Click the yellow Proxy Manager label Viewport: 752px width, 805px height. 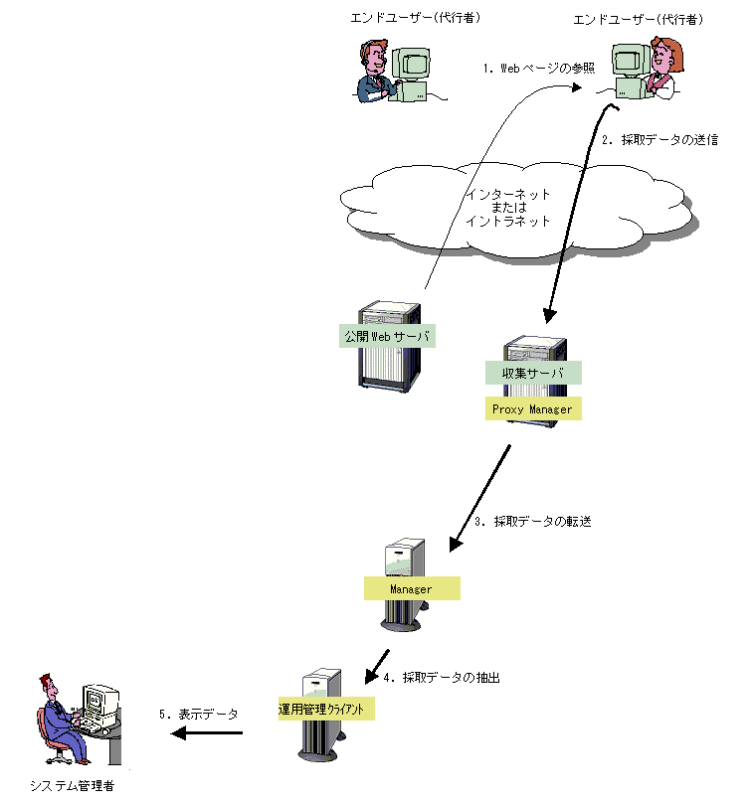[x=533, y=408]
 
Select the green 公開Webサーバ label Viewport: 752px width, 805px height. [x=387, y=336]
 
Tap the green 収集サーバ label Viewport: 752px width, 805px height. [x=533, y=373]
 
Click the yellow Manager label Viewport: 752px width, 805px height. [x=412, y=588]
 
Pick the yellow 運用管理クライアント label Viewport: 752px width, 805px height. [x=326, y=709]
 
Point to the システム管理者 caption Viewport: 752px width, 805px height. [x=72, y=785]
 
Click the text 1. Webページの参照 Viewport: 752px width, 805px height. [x=539, y=68]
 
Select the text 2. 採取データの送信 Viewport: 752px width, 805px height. [x=660, y=140]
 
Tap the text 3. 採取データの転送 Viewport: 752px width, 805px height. [x=533, y=522]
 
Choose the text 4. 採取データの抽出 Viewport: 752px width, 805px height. [x=442, y=678]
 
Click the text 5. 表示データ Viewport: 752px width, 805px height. [x=198, y=715]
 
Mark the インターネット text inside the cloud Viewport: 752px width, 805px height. [x=508, y=195]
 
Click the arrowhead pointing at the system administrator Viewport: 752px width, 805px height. [x=178, y=733]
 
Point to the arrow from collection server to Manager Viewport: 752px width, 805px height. [x=479, y=499]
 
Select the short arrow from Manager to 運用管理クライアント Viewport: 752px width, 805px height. [x=377, y=668]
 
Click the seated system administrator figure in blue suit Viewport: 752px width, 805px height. [x=62, y=719]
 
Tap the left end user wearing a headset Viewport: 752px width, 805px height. [x=374, y=71]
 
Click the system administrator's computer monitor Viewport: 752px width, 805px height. [x=100, y=700]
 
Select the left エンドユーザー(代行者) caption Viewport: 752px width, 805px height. [x=416, y=18]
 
